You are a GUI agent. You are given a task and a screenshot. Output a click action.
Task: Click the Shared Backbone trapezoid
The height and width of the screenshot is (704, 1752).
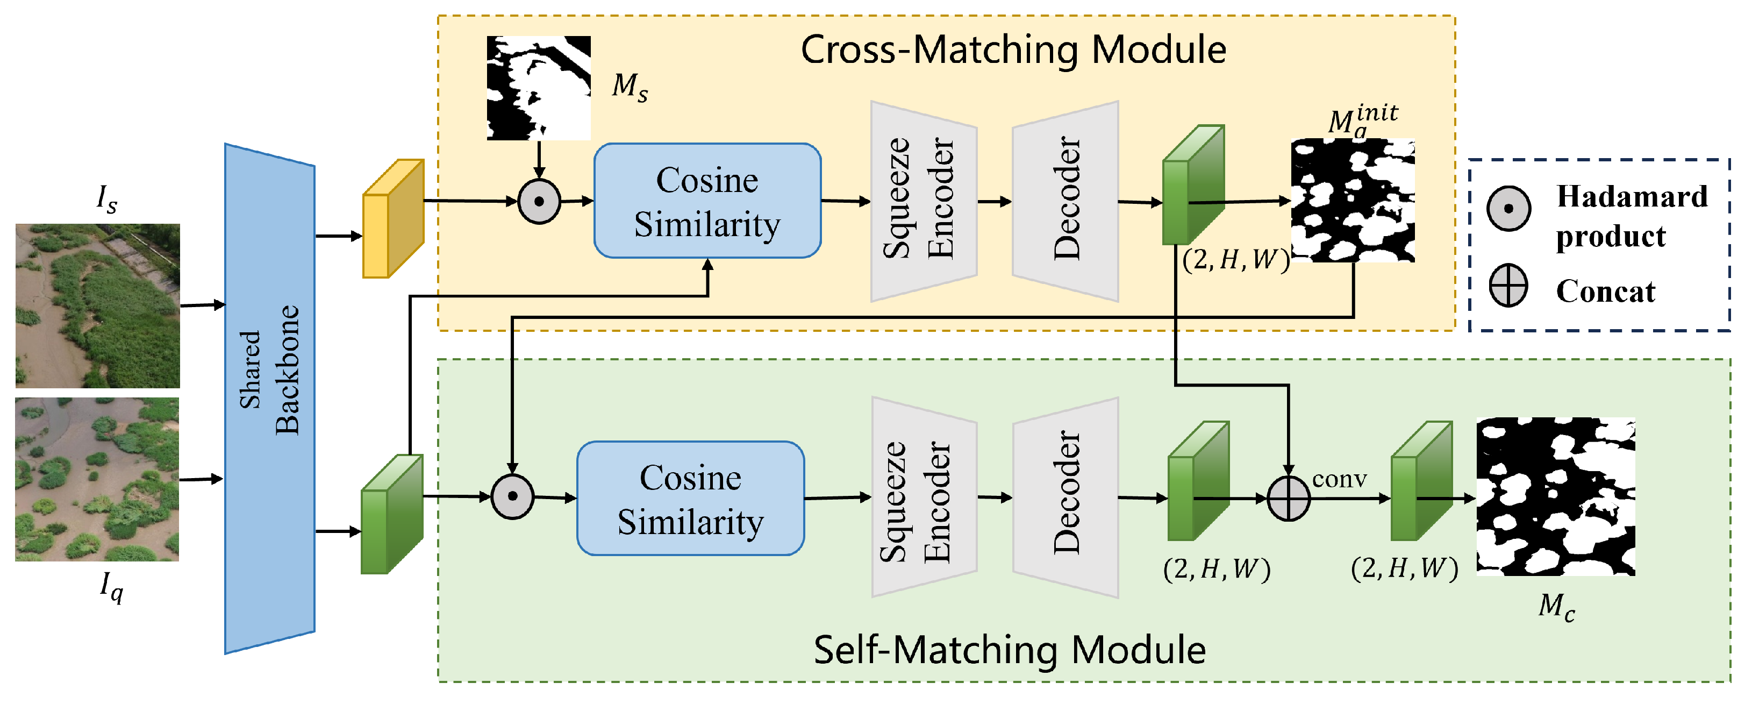click(269, 398)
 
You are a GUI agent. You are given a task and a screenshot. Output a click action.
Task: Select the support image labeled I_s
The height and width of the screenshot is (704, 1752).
click(98, 305)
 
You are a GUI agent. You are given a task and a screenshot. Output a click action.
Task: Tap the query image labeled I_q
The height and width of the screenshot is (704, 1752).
click(97, 480)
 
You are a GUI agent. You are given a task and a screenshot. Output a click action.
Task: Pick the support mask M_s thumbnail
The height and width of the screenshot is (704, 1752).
click(538, 88)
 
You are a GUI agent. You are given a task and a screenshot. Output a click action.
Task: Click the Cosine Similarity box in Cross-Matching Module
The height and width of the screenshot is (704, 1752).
click(707, 201)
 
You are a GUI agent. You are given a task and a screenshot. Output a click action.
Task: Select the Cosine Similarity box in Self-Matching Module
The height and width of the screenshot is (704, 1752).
click(690, 499)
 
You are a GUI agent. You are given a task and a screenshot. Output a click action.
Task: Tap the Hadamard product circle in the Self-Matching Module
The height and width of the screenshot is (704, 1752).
click(512, 496)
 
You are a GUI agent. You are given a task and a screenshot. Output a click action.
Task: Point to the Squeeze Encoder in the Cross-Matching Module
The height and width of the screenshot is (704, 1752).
click(924, 201)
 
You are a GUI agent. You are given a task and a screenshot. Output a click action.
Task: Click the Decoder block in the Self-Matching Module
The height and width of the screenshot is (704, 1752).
click(1065, 497)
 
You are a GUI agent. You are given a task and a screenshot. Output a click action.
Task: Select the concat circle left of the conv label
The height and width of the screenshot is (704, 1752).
click(1288, 499)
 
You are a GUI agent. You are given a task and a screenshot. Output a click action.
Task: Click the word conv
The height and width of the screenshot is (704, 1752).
click(1339, 480)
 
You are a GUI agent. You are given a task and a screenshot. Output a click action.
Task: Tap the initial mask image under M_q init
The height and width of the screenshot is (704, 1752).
click(1353, 201)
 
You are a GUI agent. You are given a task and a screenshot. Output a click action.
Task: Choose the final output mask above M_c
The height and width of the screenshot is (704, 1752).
click(1555, 496)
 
